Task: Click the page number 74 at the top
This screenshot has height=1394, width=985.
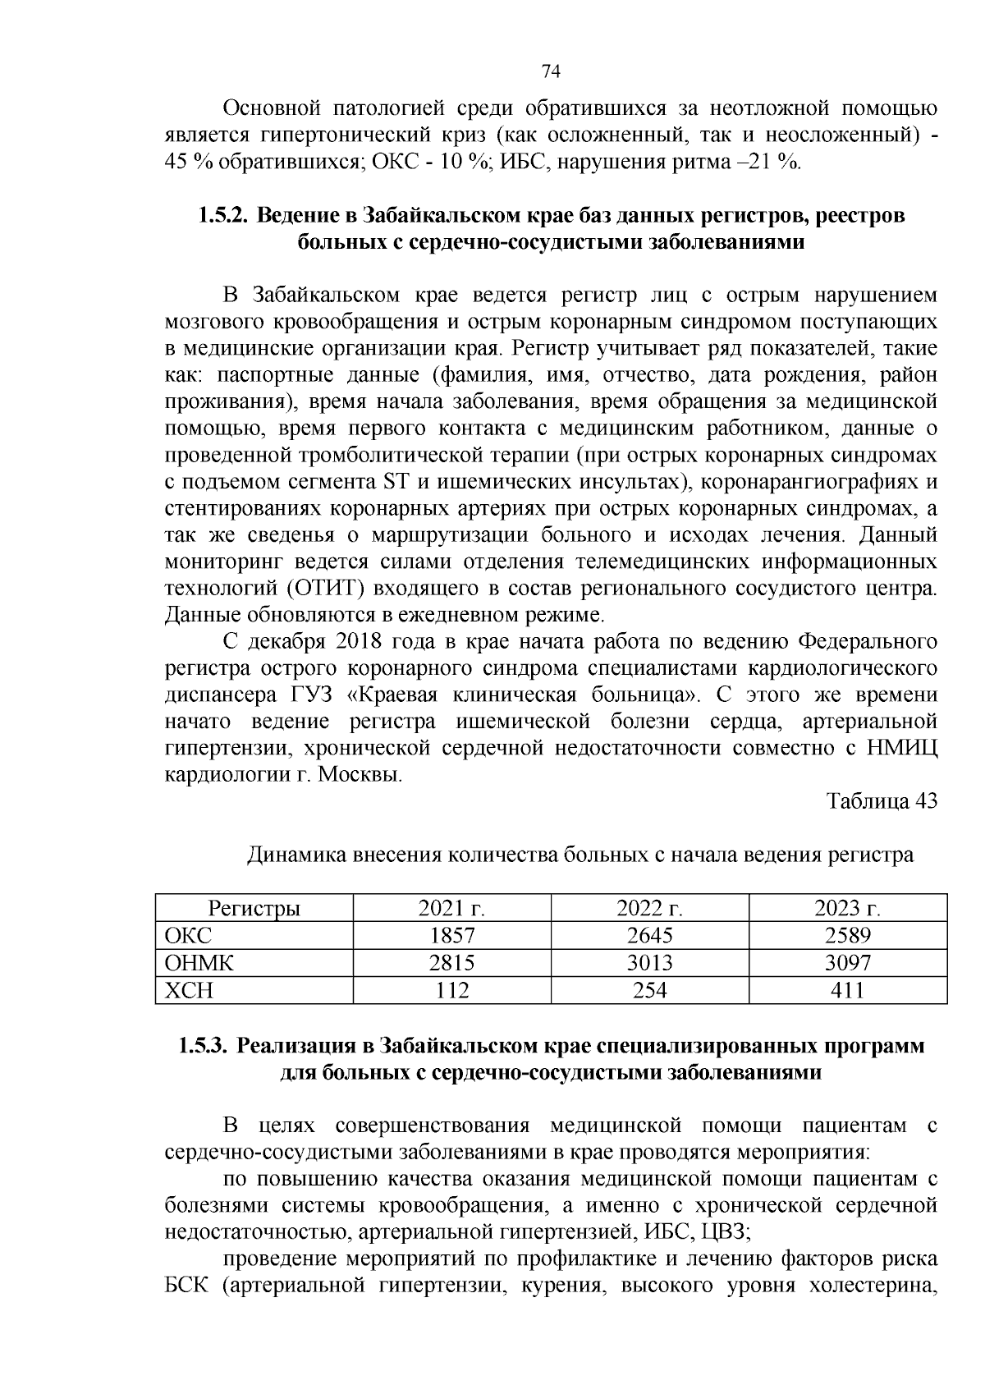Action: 551,72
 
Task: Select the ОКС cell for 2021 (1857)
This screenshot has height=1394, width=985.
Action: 452,936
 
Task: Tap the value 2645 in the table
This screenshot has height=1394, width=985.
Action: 649,936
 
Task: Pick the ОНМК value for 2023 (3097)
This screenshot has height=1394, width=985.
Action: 847,963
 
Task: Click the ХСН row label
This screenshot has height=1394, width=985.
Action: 189,991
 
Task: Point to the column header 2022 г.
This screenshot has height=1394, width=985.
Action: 649,908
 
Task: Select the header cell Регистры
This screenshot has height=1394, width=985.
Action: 254,908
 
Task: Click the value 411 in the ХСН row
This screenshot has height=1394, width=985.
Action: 847,991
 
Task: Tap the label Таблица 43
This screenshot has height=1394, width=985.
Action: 882,801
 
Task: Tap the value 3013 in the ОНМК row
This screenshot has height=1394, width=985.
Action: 649,963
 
